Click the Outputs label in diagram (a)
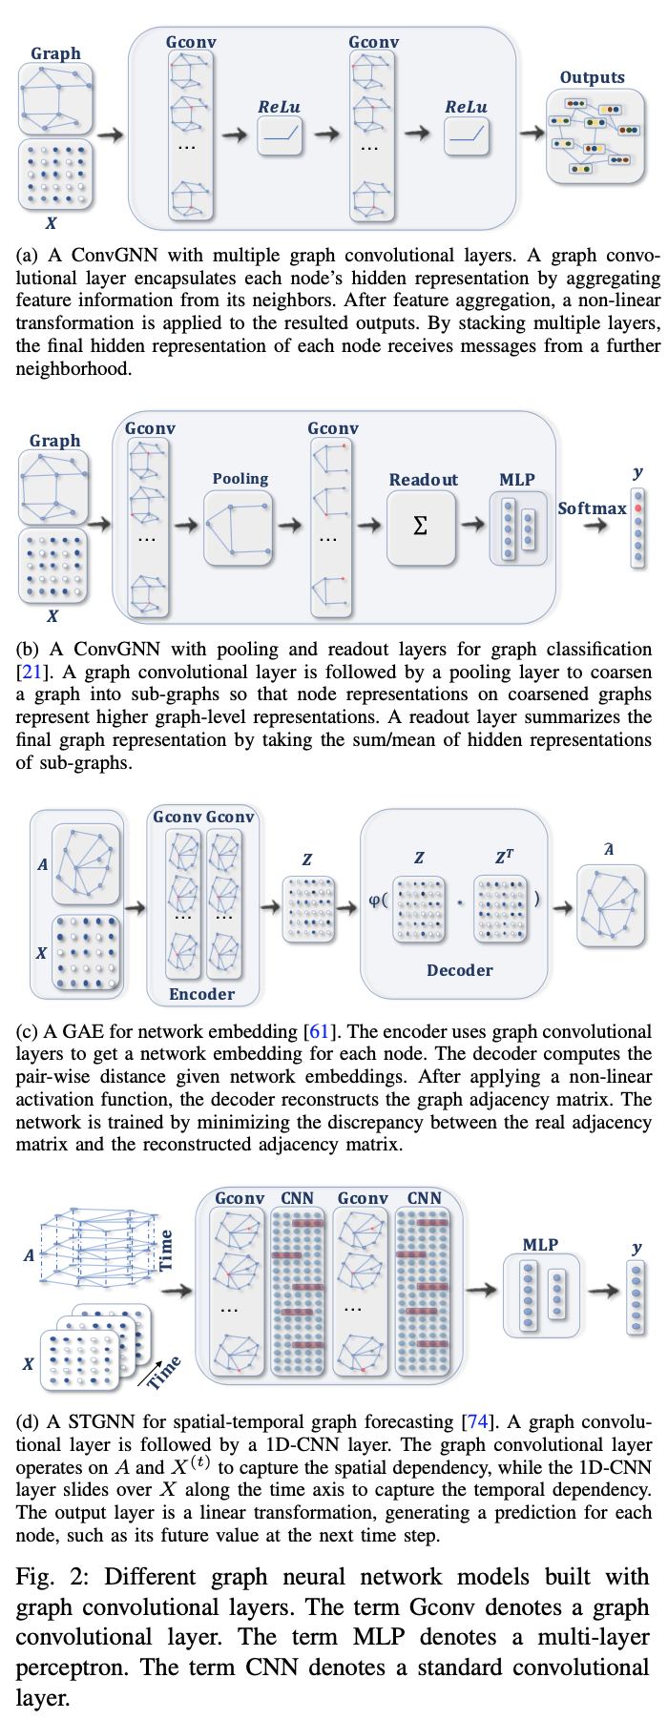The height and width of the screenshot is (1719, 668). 592,78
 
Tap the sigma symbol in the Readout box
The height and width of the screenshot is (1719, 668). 420,526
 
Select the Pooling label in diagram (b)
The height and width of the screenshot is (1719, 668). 240,479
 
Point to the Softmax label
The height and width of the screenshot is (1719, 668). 592,508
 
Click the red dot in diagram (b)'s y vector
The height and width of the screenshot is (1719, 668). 637,508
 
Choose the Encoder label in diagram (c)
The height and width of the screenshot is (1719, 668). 201,994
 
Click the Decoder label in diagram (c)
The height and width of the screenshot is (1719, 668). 459,970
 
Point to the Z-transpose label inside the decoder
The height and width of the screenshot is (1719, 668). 504,857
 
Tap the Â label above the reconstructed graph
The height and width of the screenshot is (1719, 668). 609,849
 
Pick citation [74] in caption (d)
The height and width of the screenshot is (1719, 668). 477,1422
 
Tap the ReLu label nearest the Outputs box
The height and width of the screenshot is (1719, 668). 466,107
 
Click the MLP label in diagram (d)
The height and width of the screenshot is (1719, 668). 540,1245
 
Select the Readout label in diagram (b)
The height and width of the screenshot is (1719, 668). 423,480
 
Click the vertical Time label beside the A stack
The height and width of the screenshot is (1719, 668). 166,1250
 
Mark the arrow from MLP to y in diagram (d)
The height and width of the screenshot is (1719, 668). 602,1292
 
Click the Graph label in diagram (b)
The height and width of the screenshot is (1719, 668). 54,441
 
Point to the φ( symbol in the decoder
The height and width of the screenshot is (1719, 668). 378,899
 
